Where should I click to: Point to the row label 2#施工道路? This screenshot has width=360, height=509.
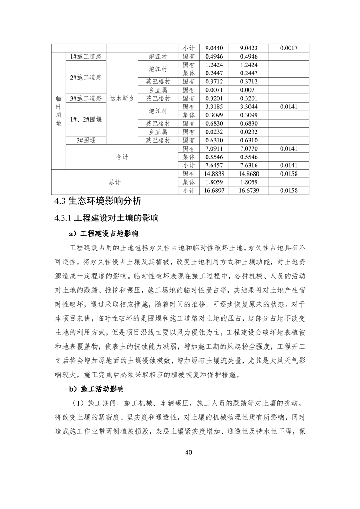point(86,78)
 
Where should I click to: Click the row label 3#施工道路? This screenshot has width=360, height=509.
point(86,98)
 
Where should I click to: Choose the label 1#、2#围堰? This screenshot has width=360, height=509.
point(86,119)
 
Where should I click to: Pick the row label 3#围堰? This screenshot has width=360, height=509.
point(86,140)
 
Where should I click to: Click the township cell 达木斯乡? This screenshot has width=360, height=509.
point(121,98)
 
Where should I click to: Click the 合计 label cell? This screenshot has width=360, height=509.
point(122,157)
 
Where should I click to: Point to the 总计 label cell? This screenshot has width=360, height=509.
point(115,182)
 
